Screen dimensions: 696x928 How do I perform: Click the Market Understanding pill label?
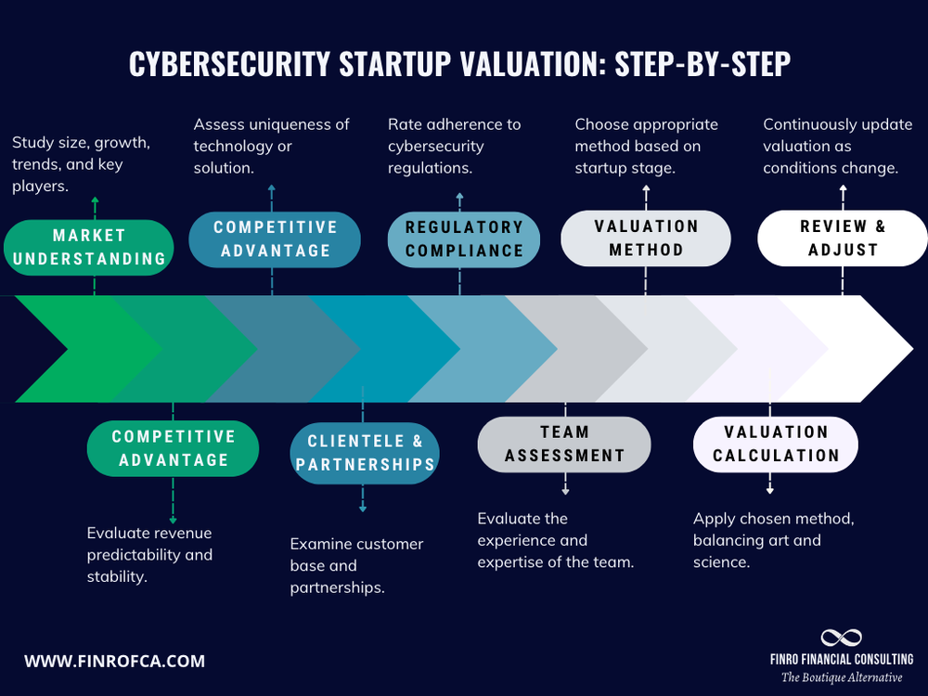89,247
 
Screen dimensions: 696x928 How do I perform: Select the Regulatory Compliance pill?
463,238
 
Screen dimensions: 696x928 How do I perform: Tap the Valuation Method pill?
645,238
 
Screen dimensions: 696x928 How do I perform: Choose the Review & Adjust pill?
843,238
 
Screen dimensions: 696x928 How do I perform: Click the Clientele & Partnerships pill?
365,452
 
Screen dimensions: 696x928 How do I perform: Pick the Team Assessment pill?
564,444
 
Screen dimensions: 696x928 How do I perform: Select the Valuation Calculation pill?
775,444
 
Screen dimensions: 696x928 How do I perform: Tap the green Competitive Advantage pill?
173,448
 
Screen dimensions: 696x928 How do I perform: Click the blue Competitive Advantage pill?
275,238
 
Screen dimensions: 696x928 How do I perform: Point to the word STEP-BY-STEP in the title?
702,65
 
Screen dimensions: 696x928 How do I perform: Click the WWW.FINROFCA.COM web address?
114,662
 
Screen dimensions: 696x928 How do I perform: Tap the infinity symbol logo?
842,638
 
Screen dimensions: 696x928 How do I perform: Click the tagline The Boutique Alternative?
842,677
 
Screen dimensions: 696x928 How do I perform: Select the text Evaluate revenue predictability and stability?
149,555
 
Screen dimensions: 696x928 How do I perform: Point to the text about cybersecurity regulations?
455,146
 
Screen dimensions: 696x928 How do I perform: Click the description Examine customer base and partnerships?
356,565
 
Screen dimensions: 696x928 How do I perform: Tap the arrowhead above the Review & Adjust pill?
843,189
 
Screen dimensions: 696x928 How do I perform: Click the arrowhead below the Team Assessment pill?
565,489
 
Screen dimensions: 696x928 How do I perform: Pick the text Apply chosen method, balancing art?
773,529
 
